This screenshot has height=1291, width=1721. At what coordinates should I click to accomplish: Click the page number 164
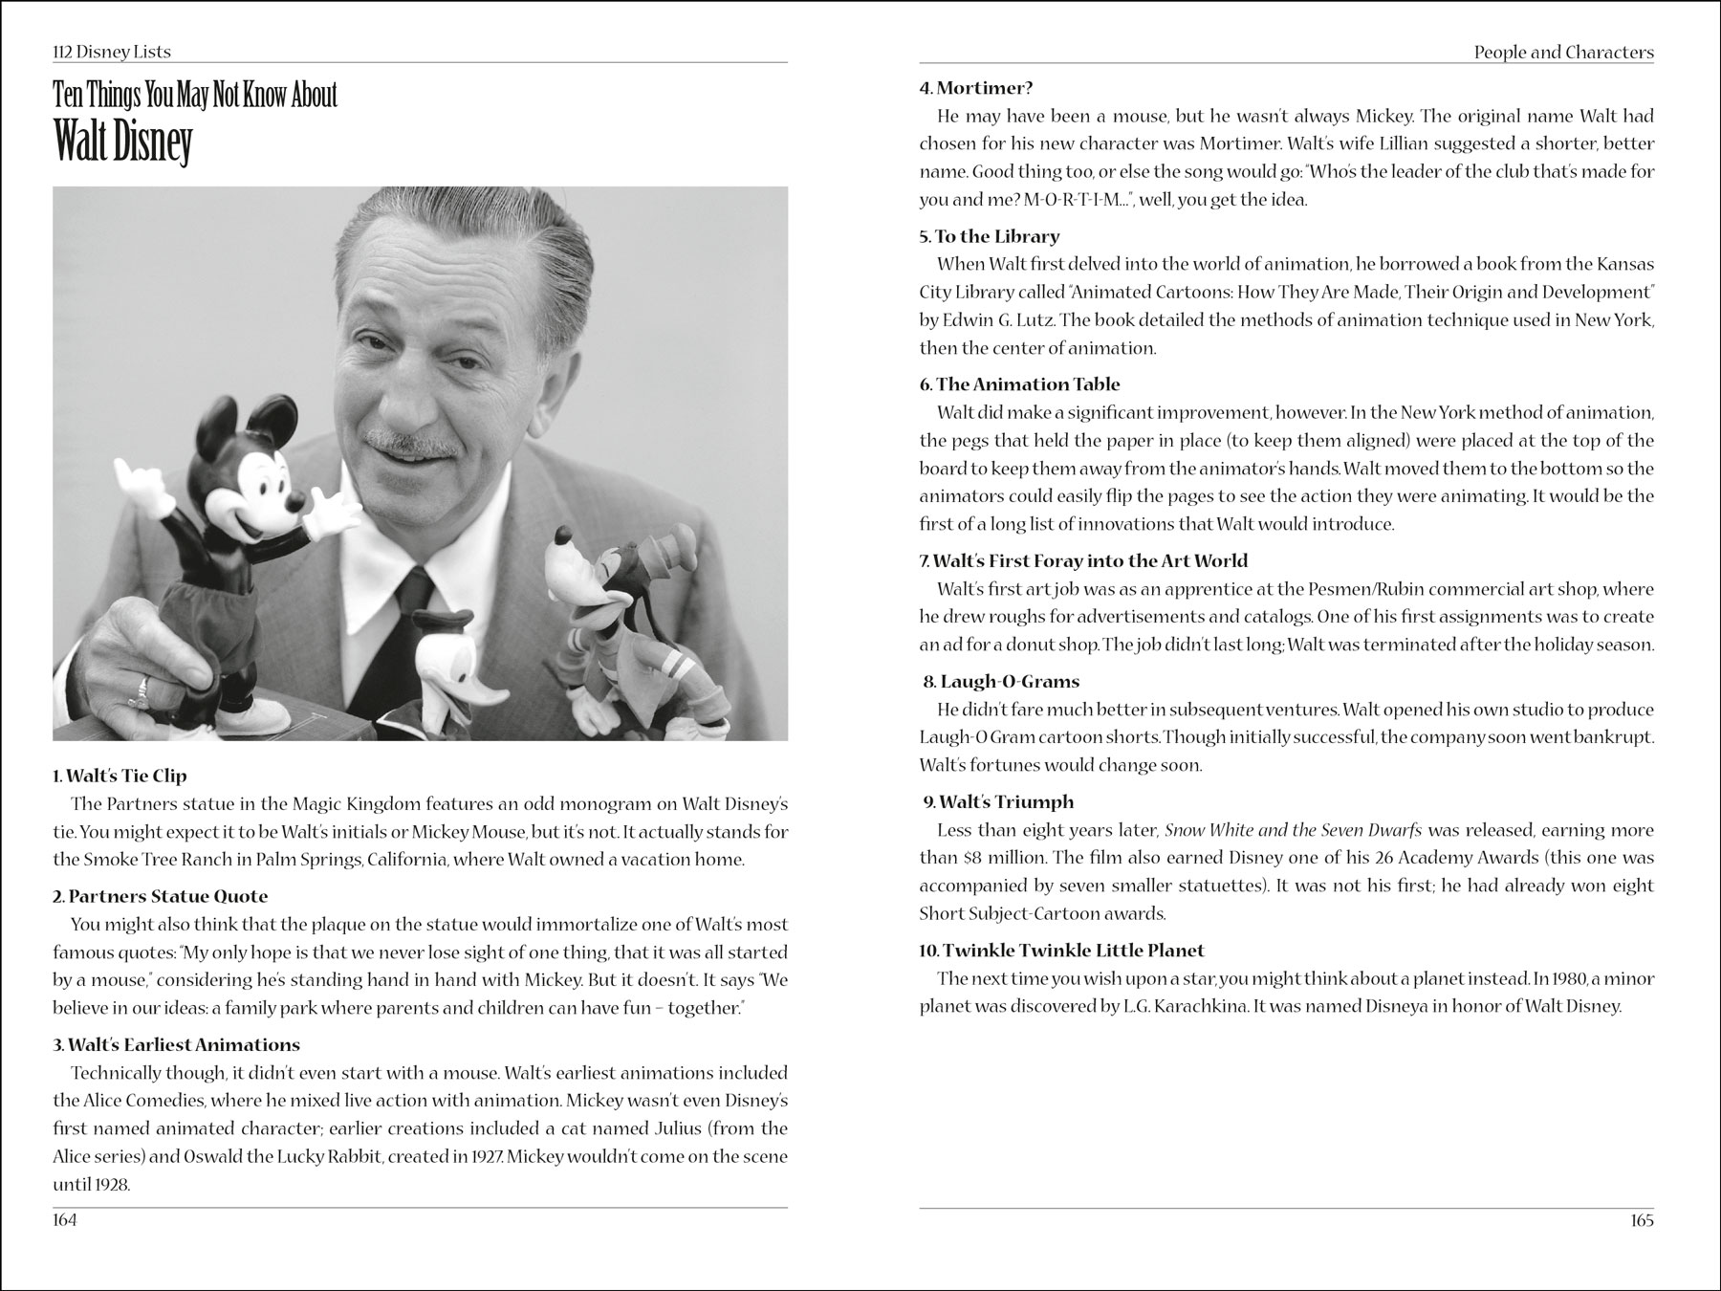click(x=65, y=1220)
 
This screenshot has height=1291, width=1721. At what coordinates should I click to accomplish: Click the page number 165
click(x=1641, y=1220)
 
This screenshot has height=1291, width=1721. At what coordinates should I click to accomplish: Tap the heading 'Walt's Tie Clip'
click(x=120, y=776)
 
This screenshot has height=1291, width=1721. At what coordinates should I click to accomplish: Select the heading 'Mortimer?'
click(x=976, y=88)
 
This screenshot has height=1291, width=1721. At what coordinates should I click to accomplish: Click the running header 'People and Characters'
click(x=1563, y=53)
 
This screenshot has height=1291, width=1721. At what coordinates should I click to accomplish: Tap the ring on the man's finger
click(x=143, y=686)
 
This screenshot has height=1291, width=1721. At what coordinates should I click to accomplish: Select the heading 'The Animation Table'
click(x=1020, y=384)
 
